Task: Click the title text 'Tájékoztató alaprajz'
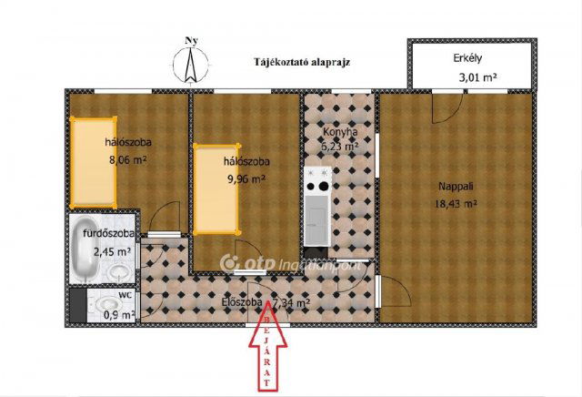coord(303,62)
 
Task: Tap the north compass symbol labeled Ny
coord(191,62)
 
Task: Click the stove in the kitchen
coord(317,188)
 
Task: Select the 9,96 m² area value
coord(245,179)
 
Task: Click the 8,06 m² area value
coord(128,158)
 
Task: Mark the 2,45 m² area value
coord(112,252)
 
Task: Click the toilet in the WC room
coord(108,304)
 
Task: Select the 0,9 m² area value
coord(119,315)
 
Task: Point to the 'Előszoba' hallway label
coord(242,302)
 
